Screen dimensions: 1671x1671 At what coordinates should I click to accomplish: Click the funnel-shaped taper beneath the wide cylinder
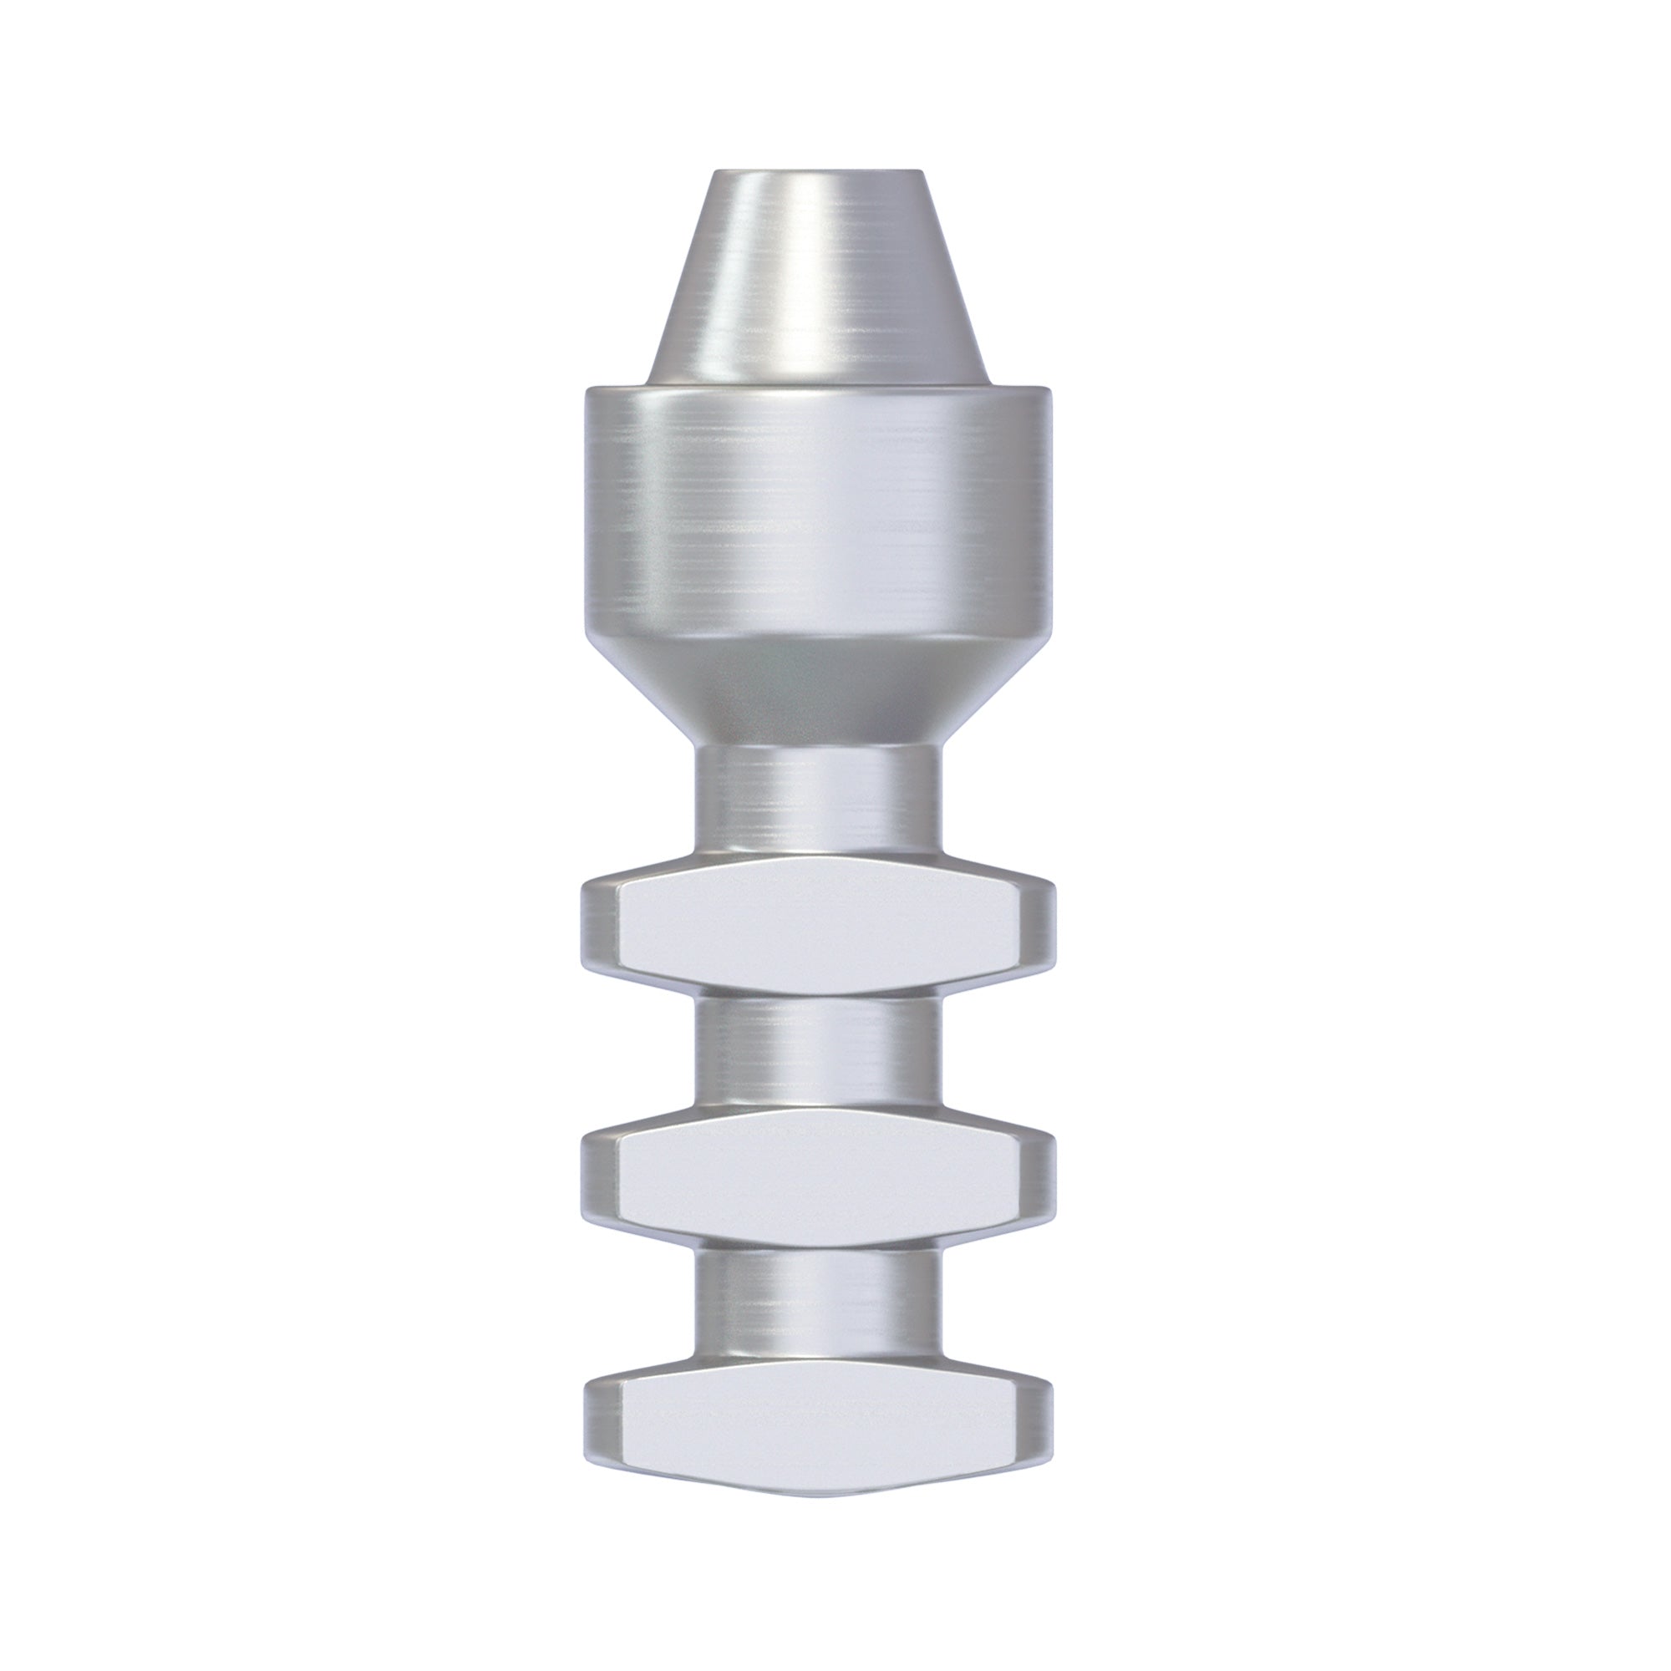click(817, 683)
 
